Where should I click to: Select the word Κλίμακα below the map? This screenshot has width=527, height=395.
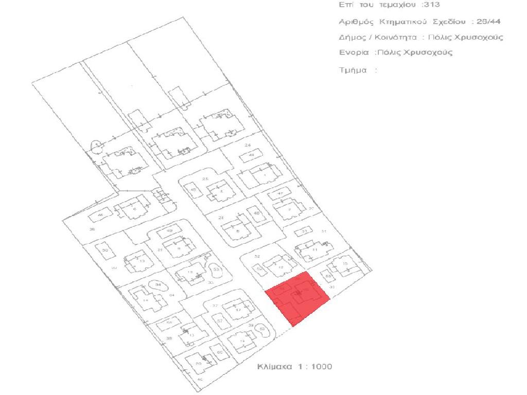tap(275, 367)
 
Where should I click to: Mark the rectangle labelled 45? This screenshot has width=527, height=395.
tap(194, 190)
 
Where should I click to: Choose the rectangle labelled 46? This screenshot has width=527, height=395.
tap(101, 215)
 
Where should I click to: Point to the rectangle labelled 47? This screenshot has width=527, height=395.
tap(280, 194)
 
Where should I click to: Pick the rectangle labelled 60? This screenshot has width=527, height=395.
tap(219, 352)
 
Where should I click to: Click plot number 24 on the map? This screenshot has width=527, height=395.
tap(248, 146)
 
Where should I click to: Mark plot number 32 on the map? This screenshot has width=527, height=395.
tap(257, 256)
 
